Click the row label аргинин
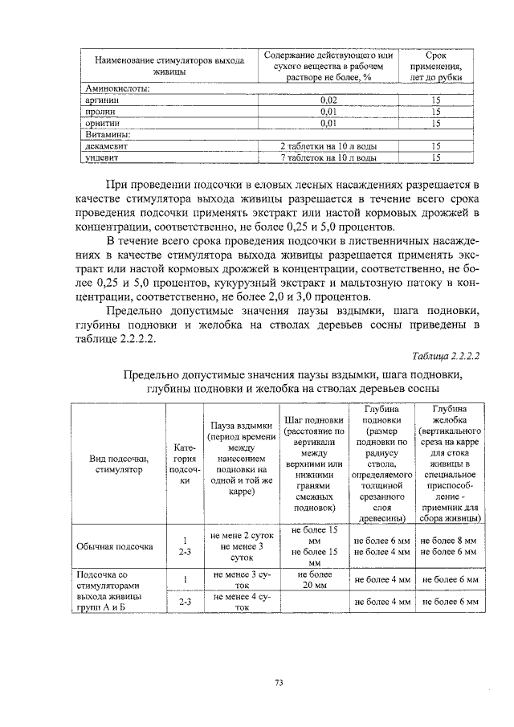(103, 100)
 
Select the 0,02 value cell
(328, 100)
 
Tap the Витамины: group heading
(108, 135)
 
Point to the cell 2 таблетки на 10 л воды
(328, 147)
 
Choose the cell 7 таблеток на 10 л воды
(328, 158)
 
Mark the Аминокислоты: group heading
(117, 89)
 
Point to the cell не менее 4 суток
(240, 602)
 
